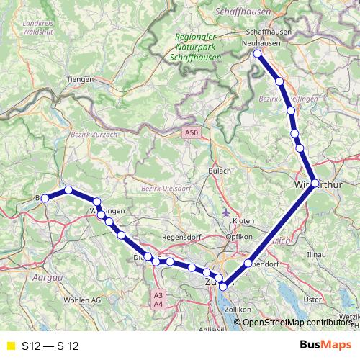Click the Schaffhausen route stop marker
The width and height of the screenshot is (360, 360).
click(x=257, y=53)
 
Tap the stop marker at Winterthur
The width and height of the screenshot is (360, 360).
click(x=315, y=183)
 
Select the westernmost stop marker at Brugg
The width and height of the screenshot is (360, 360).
click(x=44, y=198)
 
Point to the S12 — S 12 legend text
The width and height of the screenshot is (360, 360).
click(x=50, y=346)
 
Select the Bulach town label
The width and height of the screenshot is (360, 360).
click(x=220, y=171)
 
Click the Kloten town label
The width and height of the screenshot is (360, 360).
click(x=244, y=220)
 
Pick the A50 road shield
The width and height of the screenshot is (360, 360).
click(x=190, y=133)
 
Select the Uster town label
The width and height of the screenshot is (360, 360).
click(x=312, y=300)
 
